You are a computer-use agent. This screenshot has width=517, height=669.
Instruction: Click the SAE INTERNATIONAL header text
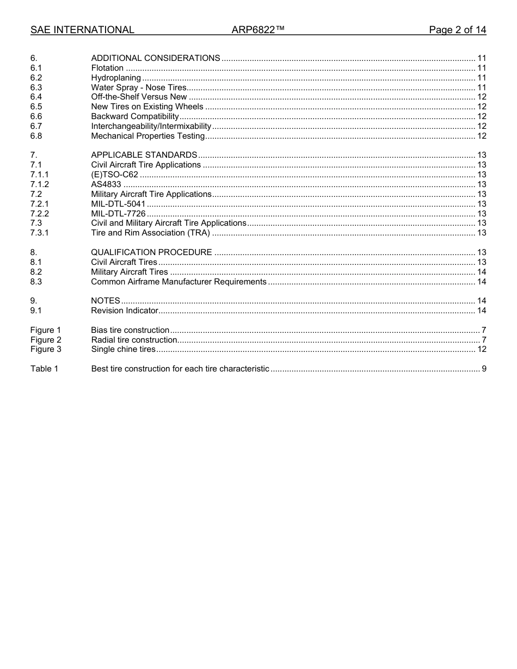click(x=82, y=30)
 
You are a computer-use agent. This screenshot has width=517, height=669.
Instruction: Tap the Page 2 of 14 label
click(x=457, y=30)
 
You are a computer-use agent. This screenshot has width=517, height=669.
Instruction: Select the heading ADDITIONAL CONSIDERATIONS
click(x=156, y=58)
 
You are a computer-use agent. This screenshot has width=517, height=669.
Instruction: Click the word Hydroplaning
click(x=116, y=78)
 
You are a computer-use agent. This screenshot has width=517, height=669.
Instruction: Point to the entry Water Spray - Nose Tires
click(x=139, y=88)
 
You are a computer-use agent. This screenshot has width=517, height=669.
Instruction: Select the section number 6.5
click(x=36, y=107)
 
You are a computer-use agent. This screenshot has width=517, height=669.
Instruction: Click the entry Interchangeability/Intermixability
click(x=151, y=126)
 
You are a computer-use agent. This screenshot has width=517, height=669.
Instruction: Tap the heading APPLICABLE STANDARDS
click(x=144, y=155)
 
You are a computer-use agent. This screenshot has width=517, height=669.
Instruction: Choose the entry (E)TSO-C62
click(x=114, y=175)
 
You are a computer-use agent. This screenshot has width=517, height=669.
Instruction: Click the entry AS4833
click(x=106, y=184)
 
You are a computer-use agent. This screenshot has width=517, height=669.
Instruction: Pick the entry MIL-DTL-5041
click(x=118, y=204)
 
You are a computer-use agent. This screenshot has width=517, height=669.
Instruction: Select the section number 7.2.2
click(x=40, y=214)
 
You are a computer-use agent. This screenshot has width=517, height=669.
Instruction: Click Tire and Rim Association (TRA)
click(x=150, y=233)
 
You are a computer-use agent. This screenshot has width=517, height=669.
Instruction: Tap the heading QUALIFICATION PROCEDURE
click(x=151, y=252)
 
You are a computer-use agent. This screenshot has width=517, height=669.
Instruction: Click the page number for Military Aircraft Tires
click(x=481, y=272)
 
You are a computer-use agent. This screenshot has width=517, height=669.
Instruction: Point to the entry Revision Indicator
click(x=125, y=311)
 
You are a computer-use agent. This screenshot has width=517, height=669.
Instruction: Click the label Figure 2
click(x=46, y=340)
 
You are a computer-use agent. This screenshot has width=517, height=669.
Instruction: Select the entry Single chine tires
click(x=123, y=349)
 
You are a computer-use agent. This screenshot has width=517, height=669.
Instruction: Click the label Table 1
click(x=44, y=369)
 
